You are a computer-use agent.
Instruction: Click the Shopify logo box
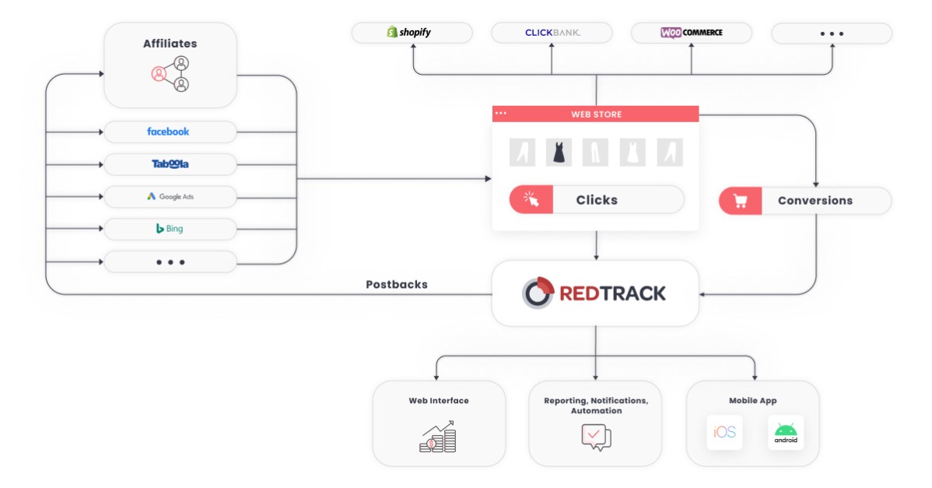point(411,33)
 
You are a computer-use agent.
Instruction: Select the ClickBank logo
point(552,33)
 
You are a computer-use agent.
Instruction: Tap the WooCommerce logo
point(691,33)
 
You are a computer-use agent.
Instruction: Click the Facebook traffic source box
point(170,132)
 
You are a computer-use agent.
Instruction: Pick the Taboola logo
point(170,164)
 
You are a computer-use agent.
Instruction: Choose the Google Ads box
point(170,197)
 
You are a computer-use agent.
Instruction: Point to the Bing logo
point(170,229)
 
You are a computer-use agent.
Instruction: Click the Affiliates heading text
point(170,44)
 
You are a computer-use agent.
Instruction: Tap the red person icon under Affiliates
point(159,74)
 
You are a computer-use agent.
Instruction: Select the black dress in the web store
point(558,152)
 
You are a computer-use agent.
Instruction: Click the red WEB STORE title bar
point(596,114)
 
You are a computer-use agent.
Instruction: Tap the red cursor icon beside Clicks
point(531,200)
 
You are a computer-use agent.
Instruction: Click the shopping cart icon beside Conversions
point(740,201)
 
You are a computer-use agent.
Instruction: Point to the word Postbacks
point(397,285)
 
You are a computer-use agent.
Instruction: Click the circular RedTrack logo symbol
point(537,293)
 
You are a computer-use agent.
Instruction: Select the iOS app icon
point(724,433)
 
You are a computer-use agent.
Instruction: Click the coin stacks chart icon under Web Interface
point(438,437)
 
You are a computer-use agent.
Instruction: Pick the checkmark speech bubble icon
point(595,437)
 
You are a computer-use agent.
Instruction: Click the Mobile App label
point(752,401)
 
